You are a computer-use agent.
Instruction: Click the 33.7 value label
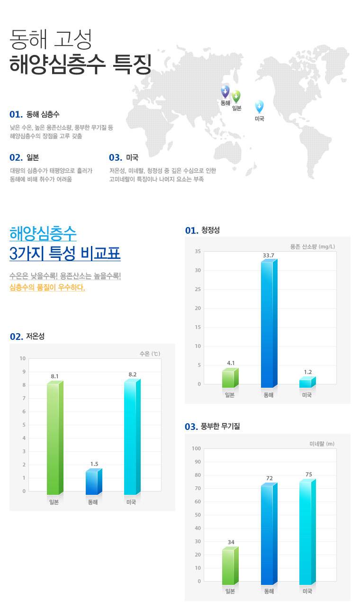[269, 255]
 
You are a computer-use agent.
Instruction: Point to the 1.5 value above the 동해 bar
[94, 464]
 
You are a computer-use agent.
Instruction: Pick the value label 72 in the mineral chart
[270, 478]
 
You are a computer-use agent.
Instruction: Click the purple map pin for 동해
[225, 91]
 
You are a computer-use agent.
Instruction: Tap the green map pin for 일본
[236, 96]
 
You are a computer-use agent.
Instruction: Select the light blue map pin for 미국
[259, 106]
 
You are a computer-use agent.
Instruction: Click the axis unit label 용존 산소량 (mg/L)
[313, 246]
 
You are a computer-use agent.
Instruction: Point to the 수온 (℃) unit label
[150, 354]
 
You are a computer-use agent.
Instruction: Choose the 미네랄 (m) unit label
[322, 444]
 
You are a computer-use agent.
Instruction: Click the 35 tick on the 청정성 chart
[198, 251]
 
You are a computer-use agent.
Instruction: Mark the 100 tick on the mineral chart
[196, 448]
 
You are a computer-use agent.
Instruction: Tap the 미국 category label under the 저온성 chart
[131, 502]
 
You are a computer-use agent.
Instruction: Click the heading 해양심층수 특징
[80, 64]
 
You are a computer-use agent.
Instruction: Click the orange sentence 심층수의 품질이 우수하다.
[47, 287]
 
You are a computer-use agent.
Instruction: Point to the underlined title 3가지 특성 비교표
[65, 254]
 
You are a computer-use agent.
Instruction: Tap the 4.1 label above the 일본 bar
[231, 363]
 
